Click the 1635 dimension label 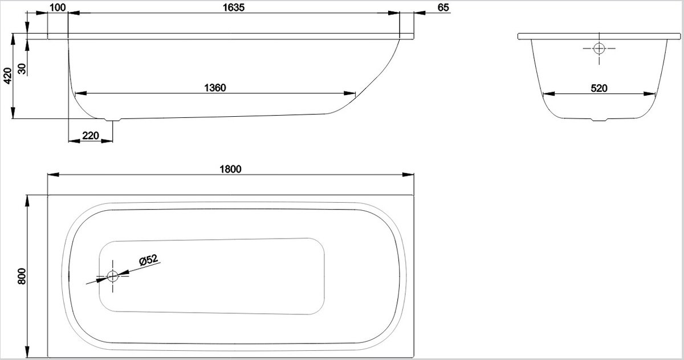(234, 7)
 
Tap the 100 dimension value (58, 7)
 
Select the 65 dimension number (443, 7)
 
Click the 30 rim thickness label (22, 69)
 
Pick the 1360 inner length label (215, 88)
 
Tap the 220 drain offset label (91, 136)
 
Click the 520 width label (599, 88)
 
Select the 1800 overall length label (230, 169)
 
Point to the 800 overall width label (22, 276)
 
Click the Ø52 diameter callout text (149, 260)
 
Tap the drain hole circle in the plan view (113, 276)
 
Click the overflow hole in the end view (599, 48)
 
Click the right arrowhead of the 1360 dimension (349, 93)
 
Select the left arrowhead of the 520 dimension (549, 93)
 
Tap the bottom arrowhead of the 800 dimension (27, 352)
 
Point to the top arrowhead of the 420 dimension (13, 39)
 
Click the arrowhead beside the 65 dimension (420, 13)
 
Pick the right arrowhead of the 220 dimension (107, 141)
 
